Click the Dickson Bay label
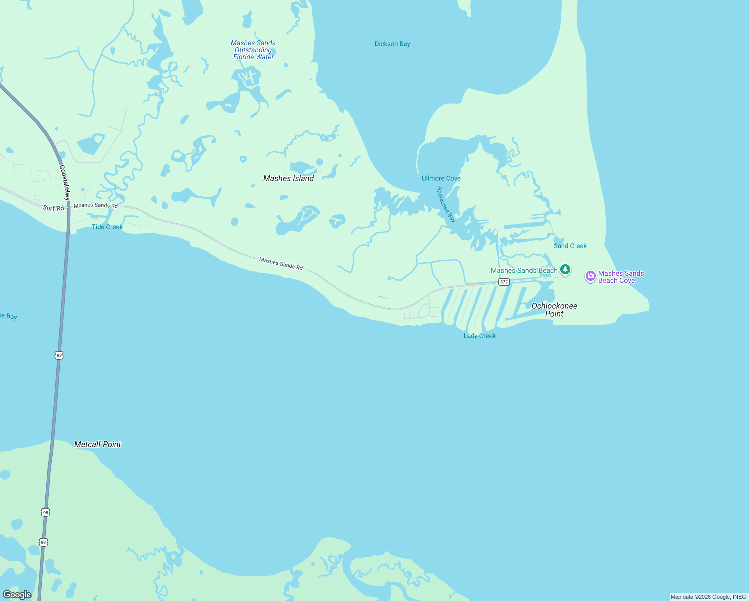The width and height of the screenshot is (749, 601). point(392,44)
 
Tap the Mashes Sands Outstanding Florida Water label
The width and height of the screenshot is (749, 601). point(253,50)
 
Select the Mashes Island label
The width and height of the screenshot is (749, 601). point(289,178)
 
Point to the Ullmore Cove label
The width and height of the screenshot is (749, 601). point(441,179)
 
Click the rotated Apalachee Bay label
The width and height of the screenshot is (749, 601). point(446,204)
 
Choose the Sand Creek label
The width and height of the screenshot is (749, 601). point(570,246)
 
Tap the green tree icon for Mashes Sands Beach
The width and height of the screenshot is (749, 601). point(565,270)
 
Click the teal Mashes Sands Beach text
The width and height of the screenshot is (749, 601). point(524,271)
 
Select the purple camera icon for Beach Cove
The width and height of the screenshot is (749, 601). point(591,276)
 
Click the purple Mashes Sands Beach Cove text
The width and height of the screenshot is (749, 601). point(621,277)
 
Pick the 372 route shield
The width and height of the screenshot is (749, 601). point(504,282)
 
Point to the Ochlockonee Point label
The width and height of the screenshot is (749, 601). point(554,310)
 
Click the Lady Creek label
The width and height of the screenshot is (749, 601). point(479,336)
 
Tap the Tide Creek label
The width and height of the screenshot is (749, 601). point(107,227)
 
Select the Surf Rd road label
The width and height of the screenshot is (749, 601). point(53,208)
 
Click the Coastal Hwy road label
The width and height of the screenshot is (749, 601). point(65,183)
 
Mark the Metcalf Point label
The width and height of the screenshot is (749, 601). point(98,444)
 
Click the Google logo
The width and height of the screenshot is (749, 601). point(17,595)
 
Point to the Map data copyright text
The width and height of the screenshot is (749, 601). point(709,597)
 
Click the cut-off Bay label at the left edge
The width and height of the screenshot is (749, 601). point(9,316)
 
